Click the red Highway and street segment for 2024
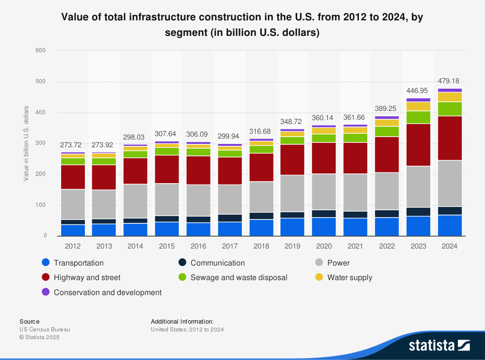click(x=450, y=138)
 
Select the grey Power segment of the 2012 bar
click(x=73, y=204)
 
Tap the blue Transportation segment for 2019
click(x=292, y=227)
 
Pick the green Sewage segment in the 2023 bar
click(x=418, y=117)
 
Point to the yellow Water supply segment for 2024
click(x=450, y=97)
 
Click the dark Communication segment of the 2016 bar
click(x=198, y=219)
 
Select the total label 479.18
click(x=450, y=81)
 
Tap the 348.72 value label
click(x=292, y=122)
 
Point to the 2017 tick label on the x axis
click(x=230, y=246)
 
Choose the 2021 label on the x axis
click(x=356, y=246)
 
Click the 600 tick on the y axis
click(x=41, y=50)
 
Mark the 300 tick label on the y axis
click(x=41, y=143)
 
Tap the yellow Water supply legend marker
click(x=319, y=278)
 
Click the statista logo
click(x=439, y=345)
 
